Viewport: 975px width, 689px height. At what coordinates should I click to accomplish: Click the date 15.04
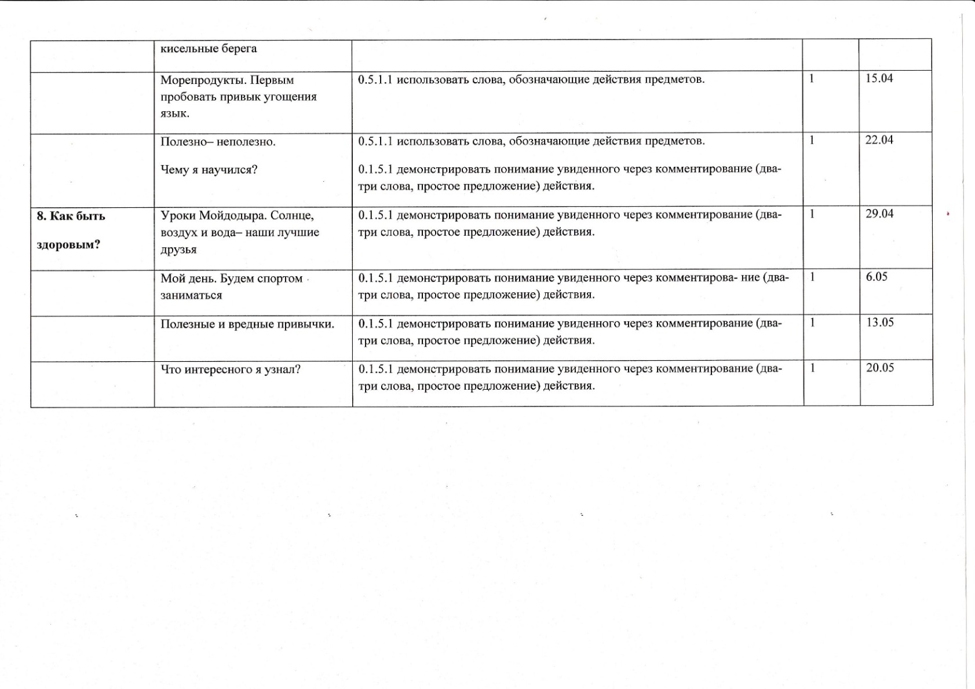click(879, 79)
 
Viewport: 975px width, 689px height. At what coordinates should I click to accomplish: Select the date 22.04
click(879, 140)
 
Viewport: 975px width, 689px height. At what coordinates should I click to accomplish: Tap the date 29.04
click(879, 214)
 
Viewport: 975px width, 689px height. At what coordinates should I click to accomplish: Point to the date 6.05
click(877, 277)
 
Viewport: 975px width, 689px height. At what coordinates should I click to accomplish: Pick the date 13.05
click(880, 322)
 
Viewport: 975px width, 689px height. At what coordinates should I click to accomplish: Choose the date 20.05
click(880, 368)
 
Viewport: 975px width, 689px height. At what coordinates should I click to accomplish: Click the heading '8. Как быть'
click(71, 216)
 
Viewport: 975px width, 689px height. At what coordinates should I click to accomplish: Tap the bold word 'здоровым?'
click(68, 244)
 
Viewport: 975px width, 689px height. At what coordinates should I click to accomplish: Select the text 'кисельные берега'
click(209, 49)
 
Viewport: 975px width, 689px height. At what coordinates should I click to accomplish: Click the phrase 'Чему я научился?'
click(209, 170)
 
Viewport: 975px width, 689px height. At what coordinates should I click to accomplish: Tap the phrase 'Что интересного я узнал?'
click(231, 369)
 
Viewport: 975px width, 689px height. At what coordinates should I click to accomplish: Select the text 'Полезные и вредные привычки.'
click(247, 324)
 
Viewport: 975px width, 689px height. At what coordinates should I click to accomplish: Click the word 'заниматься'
click(191, 295)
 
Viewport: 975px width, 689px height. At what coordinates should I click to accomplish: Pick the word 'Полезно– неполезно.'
click(218, 142)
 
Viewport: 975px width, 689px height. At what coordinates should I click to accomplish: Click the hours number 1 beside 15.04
click(812, 79)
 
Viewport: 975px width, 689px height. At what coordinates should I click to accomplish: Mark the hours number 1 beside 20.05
click(813, 368)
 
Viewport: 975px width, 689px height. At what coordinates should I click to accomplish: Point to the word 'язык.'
click(175, 114)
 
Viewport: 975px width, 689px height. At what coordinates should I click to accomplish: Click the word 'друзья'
click(178, 250)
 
